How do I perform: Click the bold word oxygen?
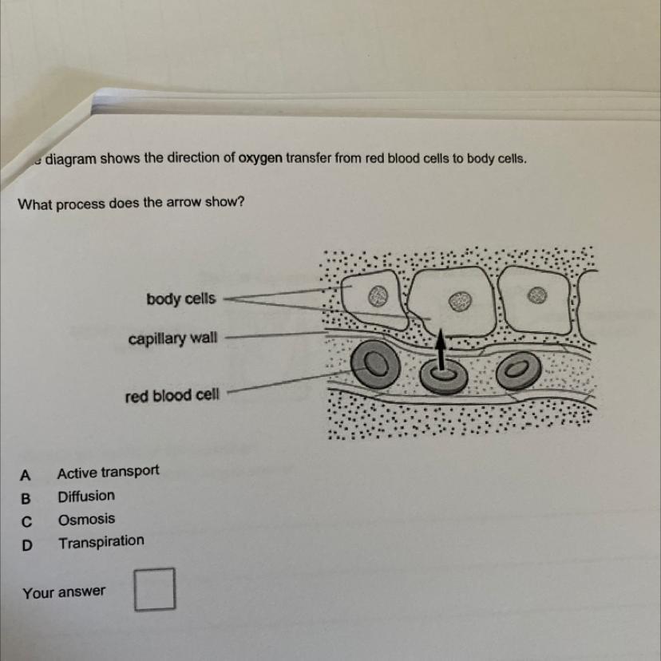260,159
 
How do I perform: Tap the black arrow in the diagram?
440,350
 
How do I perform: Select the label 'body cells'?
181,299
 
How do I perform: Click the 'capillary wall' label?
173,338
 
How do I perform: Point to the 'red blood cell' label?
172,396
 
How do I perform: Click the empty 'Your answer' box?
155,589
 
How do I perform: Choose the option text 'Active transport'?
109,472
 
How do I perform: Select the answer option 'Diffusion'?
86,497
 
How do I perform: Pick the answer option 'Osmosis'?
86,520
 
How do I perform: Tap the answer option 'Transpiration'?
101,542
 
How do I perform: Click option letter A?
26,476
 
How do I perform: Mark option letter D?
26,545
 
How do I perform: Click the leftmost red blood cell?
376,363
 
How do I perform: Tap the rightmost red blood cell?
518,370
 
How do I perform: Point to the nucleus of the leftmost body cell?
378,296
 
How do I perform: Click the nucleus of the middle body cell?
460,301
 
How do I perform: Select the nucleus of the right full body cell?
537,295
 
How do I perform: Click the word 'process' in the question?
81,204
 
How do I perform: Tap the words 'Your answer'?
64,592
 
